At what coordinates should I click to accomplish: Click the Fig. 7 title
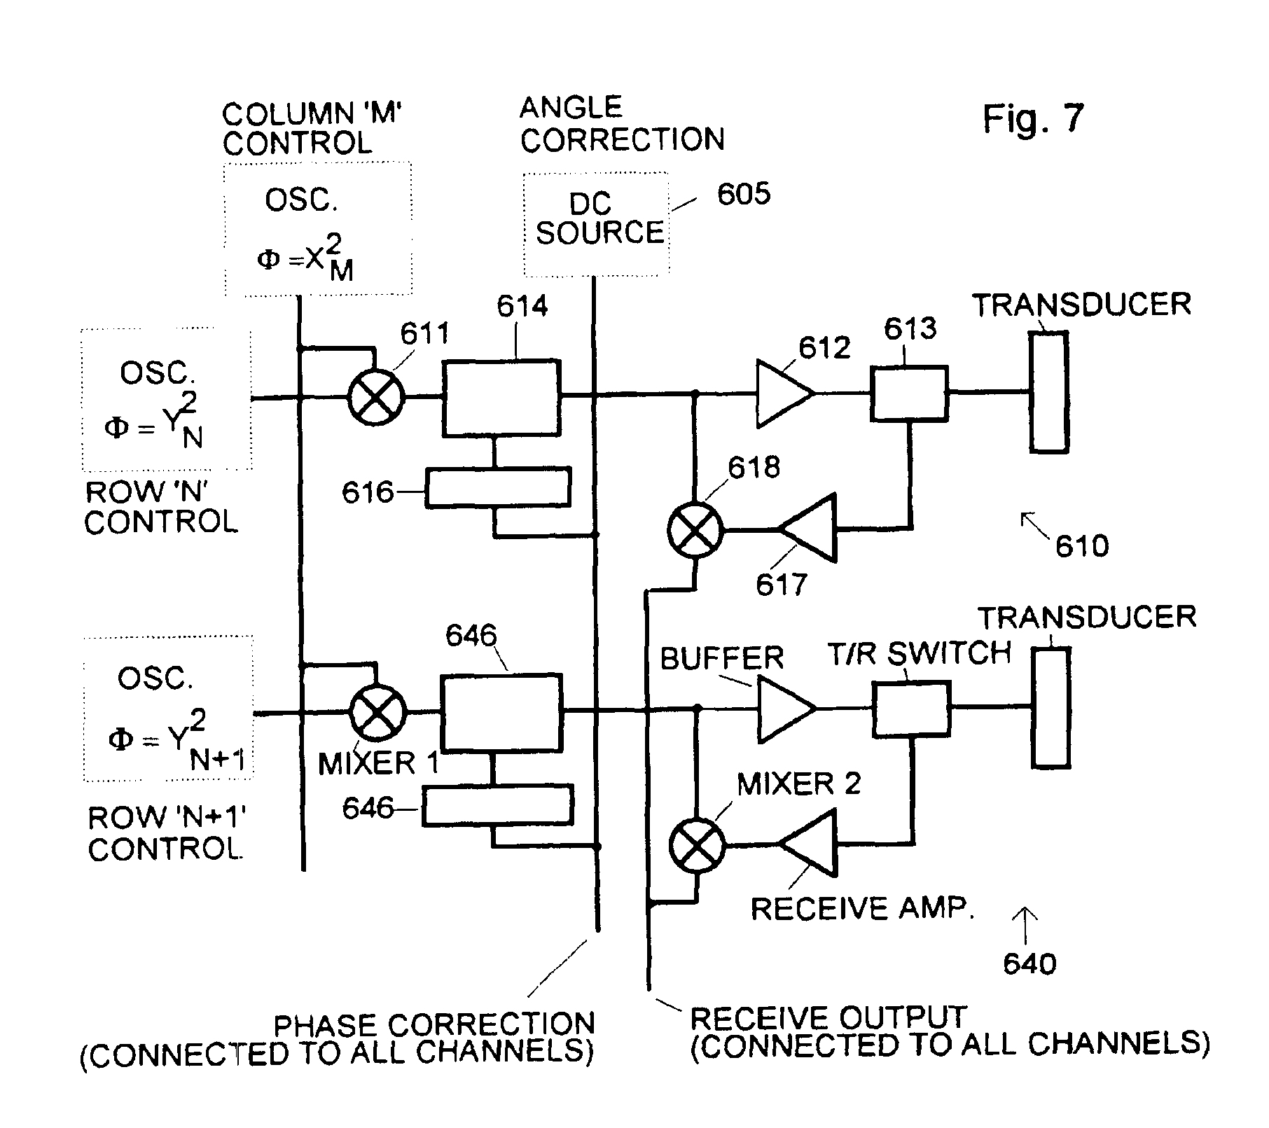tap(1033, 118)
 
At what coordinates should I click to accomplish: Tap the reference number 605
tap(743, 194)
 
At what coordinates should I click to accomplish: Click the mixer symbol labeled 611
tap(376, 397)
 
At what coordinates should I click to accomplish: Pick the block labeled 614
tap(501, 398)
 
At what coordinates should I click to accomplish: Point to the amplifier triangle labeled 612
tap(783, 394)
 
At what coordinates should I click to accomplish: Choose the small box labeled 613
tap(909, 394)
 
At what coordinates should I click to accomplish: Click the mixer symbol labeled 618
tap(694, 530)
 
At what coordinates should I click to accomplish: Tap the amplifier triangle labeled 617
tap(812, 528)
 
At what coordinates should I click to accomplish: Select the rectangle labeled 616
tap(498, 488)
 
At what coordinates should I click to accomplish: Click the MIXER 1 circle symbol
tap(377, 712)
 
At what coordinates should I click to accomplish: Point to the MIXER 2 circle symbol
tap(696, 845)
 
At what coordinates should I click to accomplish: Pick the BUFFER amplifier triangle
tap(785, 709)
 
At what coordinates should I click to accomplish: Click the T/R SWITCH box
tap(911, 709)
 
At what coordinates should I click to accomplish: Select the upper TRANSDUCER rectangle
tap(1049, 392)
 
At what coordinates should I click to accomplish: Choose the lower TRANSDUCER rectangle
tap(1050, 709)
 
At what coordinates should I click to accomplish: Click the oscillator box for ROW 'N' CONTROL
tap(167, 400)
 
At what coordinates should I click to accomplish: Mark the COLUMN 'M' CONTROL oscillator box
tap(317, 229)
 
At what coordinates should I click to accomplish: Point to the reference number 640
tap(1029, 964)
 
